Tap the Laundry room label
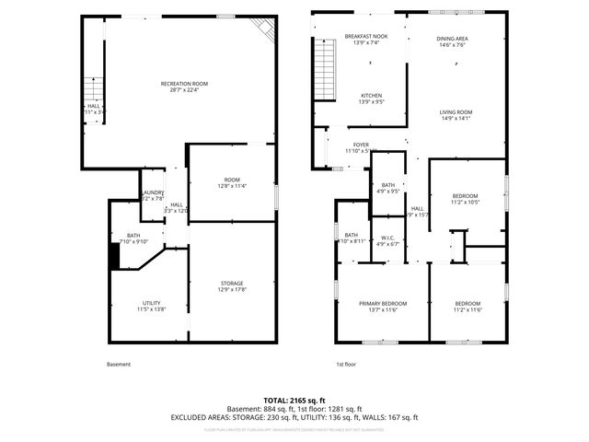click(153, 195)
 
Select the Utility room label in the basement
click(151, 307)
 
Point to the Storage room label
click(232, 286)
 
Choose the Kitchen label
click(371, 99)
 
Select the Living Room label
click(456, 115)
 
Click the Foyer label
click(361, 147)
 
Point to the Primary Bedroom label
click(383, 307)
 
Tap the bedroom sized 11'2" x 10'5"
click(467, 199)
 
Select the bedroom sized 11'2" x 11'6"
click(468, 307)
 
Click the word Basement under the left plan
click(119, 365)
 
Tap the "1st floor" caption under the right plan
click(345, 365)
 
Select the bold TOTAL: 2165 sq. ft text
click(294, 401)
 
